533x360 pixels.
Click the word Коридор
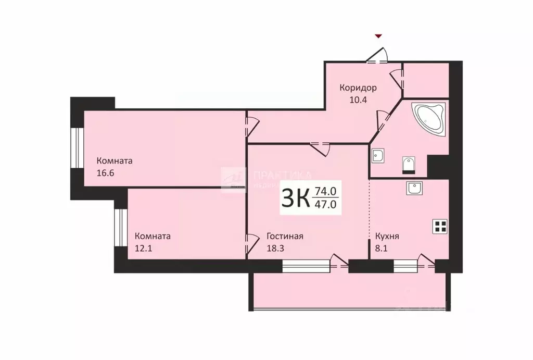[358, 88]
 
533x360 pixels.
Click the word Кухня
[387, 236]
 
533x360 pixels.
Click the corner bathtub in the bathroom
[429, 119]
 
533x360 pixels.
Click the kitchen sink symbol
[414, 188]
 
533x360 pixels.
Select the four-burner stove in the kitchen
[440, 226]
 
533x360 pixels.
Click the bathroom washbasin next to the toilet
[378, 155]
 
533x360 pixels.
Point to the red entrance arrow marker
[378, 36]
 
